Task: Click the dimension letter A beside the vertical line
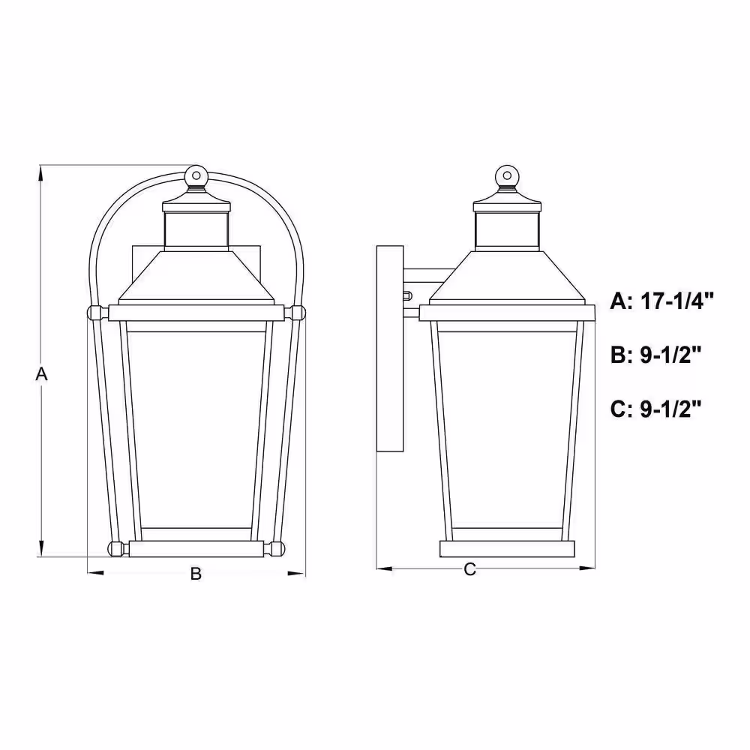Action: click(x=41, y=374)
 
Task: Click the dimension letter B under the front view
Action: click(x=196, y=574)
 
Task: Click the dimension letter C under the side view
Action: click(x=470, y=569)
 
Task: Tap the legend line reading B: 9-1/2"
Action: click(x=655, y=355)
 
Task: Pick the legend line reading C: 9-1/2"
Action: click(x=655, y=409)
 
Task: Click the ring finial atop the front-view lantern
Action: click(x=196, y=175)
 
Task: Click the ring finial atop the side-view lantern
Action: click(x=508, y=175)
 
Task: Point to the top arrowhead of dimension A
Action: click(x=41, y=172)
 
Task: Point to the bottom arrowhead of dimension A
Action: click(x=41, y=549)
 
